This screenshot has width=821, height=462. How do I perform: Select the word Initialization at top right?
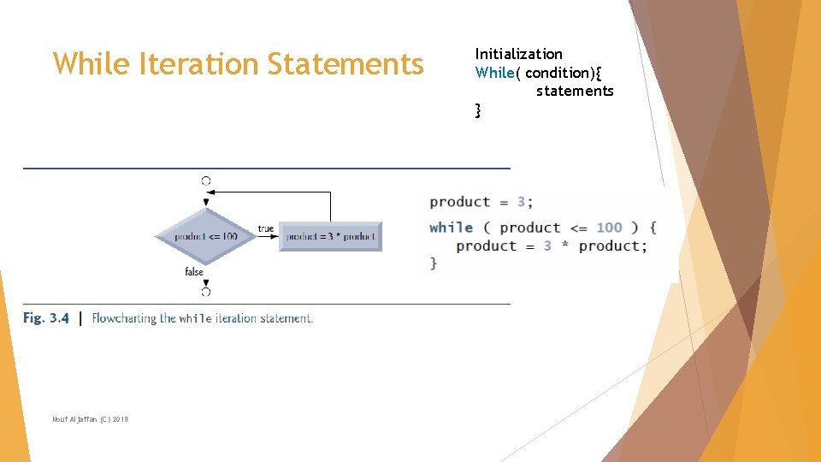(x=518, y=54)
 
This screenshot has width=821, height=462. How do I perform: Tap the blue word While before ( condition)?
(x=494, y=73)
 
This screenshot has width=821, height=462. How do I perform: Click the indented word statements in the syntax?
(x=575, y=91)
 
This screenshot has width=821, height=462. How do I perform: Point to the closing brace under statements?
(x=478, y=110)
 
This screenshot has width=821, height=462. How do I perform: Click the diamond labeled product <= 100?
(x=205, y=236)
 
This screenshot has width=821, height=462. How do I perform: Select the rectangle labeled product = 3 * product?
(x=330, y=236)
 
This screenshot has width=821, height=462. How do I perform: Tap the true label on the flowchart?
(x=265, y=228)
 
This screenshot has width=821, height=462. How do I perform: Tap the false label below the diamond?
(x=194, y=271)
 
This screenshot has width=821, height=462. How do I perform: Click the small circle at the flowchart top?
(x=206, y=181)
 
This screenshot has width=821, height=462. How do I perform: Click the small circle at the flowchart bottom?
(x=206, y=292)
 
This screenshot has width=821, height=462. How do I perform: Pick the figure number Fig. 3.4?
(x=46, y=318)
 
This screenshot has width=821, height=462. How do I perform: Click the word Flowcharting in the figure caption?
(x=124, y=318)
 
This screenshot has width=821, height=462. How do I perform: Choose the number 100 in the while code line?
(x=609, y=228)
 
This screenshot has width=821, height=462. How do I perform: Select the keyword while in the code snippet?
(x=451, y=228)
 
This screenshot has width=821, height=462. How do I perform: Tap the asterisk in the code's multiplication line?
(x=565, y=246)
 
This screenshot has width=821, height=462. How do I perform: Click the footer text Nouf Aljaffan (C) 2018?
(x=90, y=418)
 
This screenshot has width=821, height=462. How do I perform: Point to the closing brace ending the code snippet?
(x=434, y=264)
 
